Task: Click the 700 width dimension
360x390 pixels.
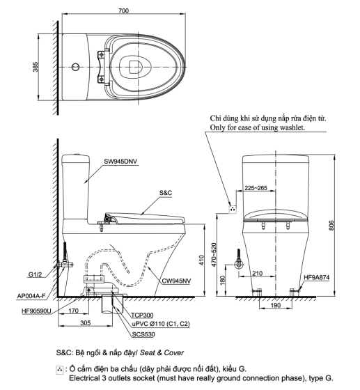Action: point(123,10)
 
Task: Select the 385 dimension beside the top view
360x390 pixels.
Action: point(36,67)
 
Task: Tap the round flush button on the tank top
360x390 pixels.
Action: point(76,67)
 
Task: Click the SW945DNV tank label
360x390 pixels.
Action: point(120,162)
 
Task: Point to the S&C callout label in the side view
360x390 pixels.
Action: point(166,193)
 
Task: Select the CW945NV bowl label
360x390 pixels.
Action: point(177,281)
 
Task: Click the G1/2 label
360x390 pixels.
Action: point(35,274)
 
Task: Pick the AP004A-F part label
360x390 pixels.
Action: point(31,296)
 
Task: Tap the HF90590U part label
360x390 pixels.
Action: point(36,311)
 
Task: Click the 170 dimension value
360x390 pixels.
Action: point(73,311)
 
